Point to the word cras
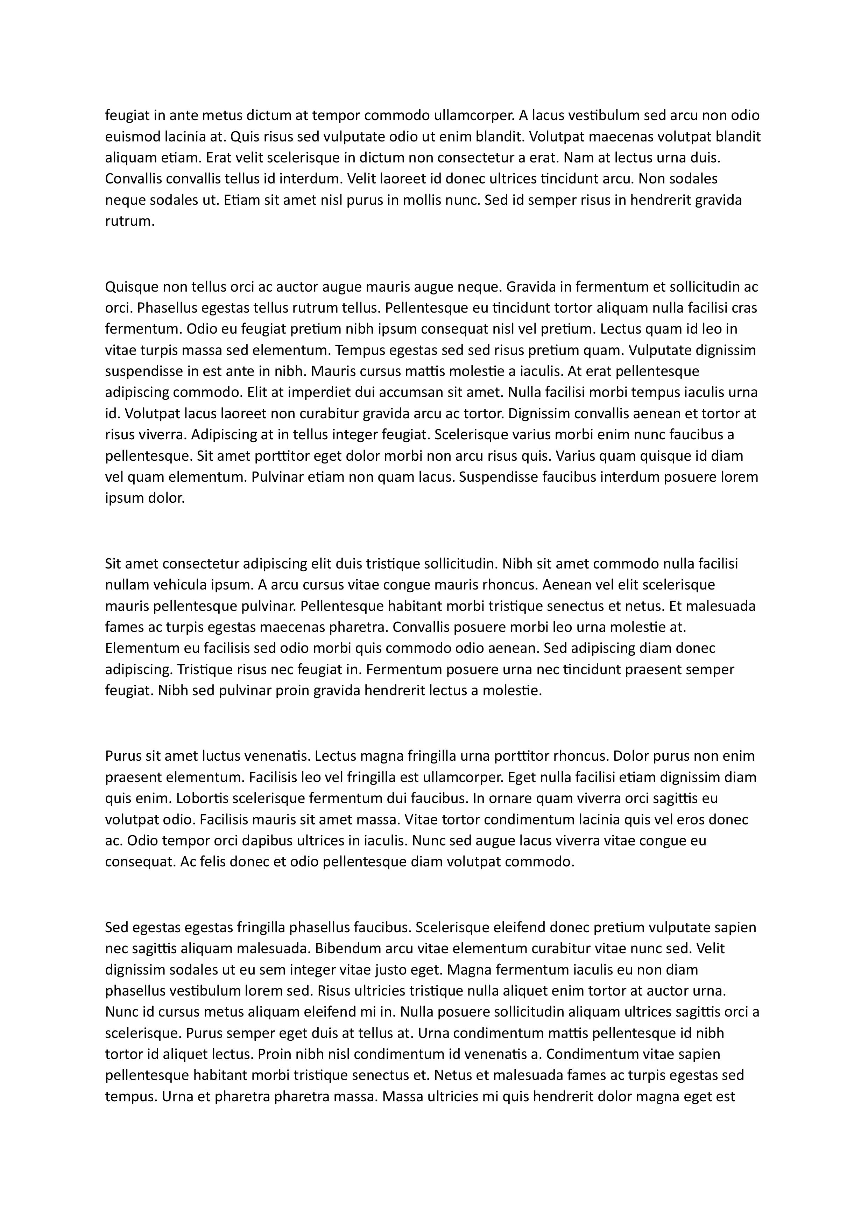click(745, 308)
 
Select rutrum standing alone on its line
click(129, 222)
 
